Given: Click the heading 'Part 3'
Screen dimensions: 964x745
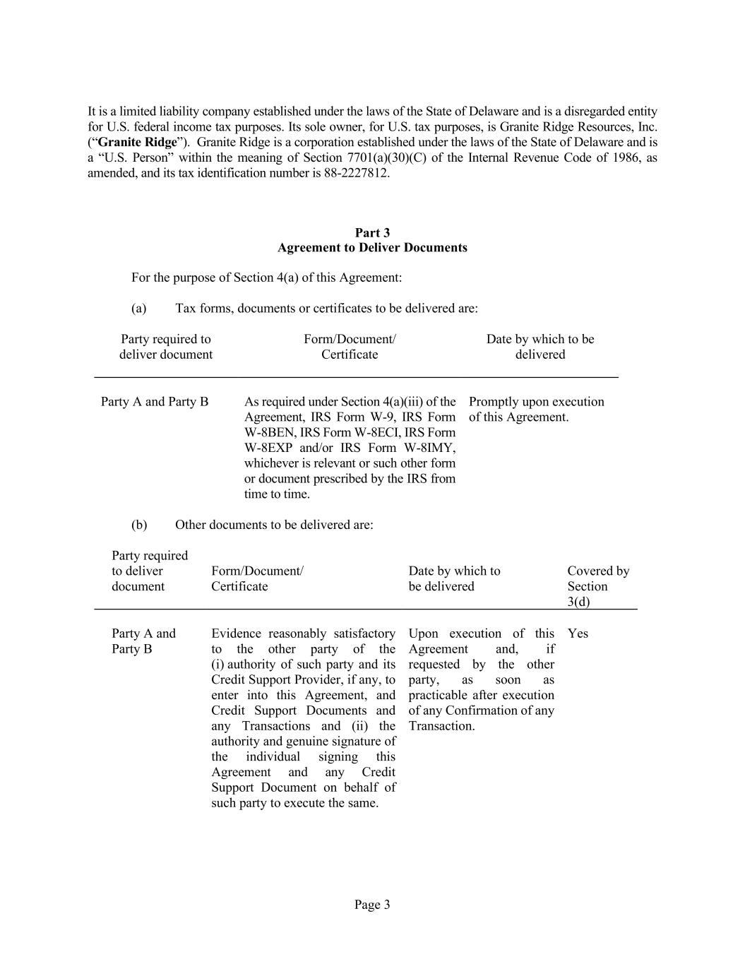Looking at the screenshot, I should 372,232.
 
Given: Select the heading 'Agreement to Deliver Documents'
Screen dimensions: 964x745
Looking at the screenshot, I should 372,248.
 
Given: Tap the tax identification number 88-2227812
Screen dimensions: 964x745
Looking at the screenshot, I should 356,173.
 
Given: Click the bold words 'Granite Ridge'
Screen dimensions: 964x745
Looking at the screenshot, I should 137,142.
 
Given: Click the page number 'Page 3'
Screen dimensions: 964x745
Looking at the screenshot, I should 372,905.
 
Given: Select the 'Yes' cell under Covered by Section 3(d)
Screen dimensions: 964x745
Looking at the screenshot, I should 578,633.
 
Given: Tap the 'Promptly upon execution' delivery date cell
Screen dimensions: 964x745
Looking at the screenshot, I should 536,402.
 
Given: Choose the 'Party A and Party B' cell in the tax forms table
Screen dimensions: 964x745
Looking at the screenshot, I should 155,402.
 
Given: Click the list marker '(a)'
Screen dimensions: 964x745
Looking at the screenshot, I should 139,309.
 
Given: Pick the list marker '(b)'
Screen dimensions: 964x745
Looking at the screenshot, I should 139,525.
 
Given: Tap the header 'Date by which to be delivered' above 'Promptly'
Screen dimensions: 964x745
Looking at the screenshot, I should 540,347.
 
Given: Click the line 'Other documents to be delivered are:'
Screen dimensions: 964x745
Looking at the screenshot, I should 274,525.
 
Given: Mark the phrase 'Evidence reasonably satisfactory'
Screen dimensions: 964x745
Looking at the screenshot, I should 303,633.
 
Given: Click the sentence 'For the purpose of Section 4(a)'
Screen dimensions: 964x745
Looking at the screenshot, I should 266,278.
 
